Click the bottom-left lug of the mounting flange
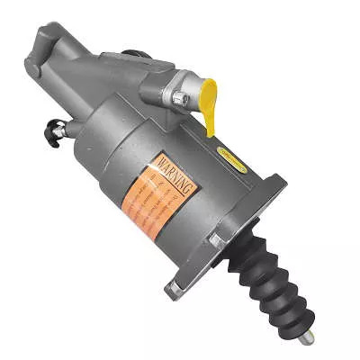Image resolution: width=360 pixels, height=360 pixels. pos(173,290)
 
